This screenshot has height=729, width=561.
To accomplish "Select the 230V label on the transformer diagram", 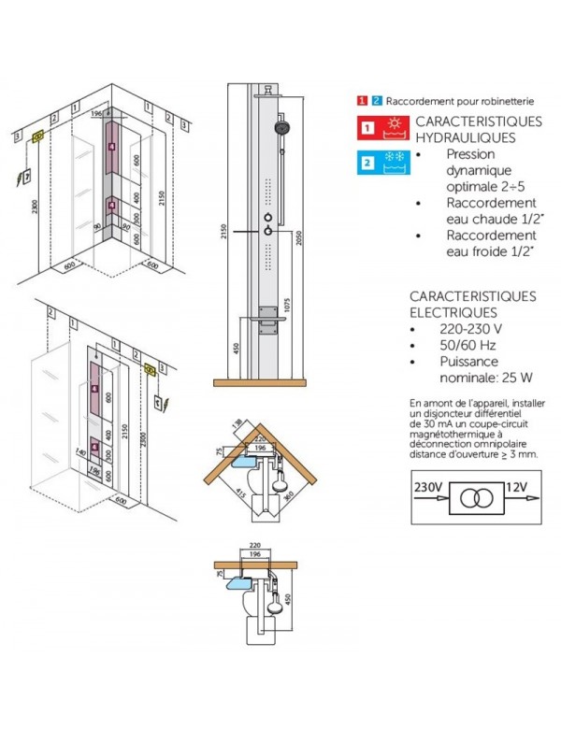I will (428, 488).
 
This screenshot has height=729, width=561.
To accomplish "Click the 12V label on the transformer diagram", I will (518, 488).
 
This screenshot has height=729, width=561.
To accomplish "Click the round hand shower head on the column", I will (280, 128).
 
